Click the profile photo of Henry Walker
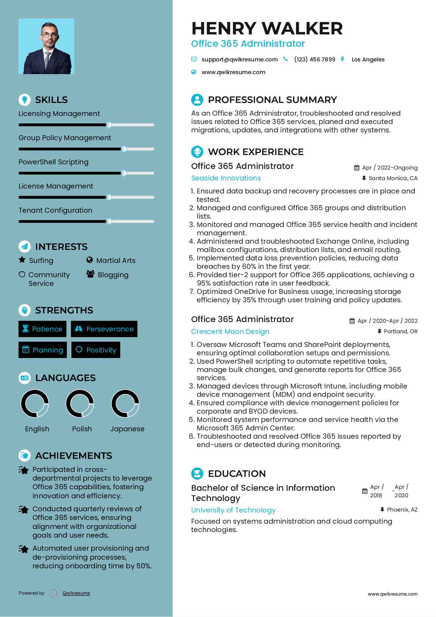(x=46, y=46)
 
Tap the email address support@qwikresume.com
(x=239, y=59)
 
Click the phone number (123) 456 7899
(x=315, y=59)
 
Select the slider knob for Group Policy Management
(x=124, y=149)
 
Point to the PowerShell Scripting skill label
(x=53, y=162)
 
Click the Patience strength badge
(x=42, y=329)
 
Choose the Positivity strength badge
(x=96, y=350)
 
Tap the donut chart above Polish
(x=80, y=404)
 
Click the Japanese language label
(x=127, y=429)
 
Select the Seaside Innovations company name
(x=226, y=178)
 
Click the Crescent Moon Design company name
(x=230, y=331)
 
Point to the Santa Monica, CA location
(x=393, y=178)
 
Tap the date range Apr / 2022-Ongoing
(x=390, y=168)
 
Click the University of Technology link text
(x=233, y=510)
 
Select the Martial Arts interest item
(x=116, y=260)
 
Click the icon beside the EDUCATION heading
(x=197, y=473)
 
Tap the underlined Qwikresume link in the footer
(x=76, y=593)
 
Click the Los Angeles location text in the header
(x=368, y=60)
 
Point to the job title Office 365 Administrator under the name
(x=248, y=44)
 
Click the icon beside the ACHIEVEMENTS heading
(x=25, y=455)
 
